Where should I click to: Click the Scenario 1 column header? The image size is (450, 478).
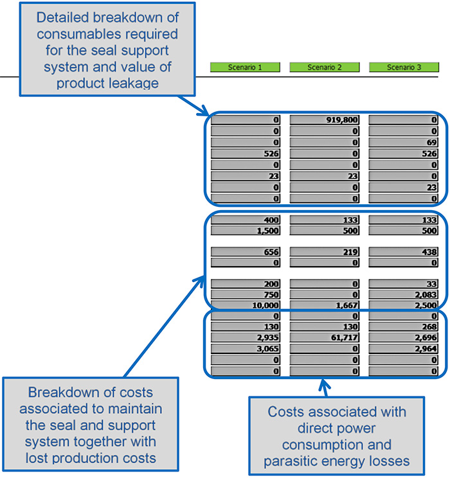(245, 67)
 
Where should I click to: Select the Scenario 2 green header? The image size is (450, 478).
(325, 67)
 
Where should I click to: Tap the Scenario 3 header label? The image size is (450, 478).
(404, 67)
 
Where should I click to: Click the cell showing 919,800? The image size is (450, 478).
(325, 119)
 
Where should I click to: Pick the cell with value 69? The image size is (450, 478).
(404, 142)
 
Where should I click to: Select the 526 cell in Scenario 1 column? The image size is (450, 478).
(246, 154)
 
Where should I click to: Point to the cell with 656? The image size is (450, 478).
(246, 252)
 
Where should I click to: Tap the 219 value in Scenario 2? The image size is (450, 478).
(325, 252)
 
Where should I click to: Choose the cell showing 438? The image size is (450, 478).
(404, 252)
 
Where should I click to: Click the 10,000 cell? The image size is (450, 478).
(246, 305)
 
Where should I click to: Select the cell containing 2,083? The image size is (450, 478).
(404, 294)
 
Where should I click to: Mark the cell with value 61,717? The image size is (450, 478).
(325, 337)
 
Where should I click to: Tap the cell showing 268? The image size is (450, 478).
(404, 326)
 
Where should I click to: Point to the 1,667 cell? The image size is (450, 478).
(325, 305)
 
